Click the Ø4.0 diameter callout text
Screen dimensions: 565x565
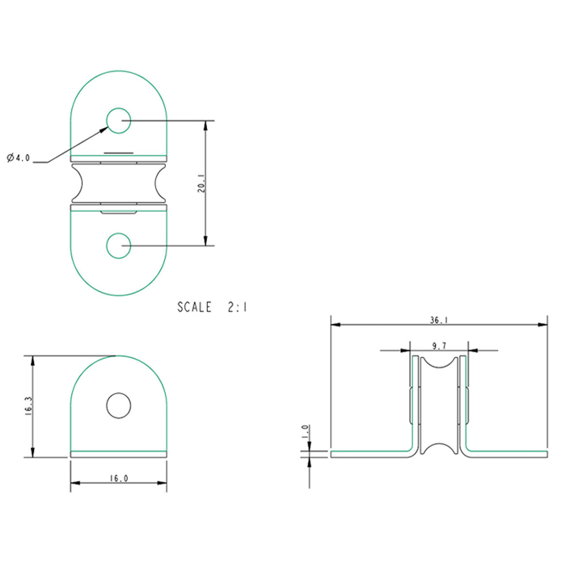(18, 158)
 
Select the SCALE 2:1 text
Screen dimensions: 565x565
(212, 307)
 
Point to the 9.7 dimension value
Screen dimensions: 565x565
(439, 346)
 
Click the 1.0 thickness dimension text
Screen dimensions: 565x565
(305, 431)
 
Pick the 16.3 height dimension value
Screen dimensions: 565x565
(28, 405)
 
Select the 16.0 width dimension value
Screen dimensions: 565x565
(119, 478)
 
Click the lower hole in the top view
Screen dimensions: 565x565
(119, 246)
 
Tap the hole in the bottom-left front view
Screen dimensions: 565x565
(119, 405)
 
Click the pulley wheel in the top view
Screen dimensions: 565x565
(119, 183)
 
